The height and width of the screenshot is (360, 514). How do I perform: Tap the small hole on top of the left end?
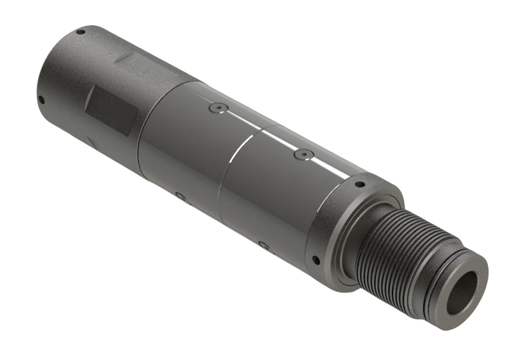(81, 32)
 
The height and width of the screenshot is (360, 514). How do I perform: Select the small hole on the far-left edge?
(41, 100)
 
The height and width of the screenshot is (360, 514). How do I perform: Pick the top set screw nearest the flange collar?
(303, 154)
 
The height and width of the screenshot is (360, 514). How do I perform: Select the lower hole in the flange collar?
(316, 259)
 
